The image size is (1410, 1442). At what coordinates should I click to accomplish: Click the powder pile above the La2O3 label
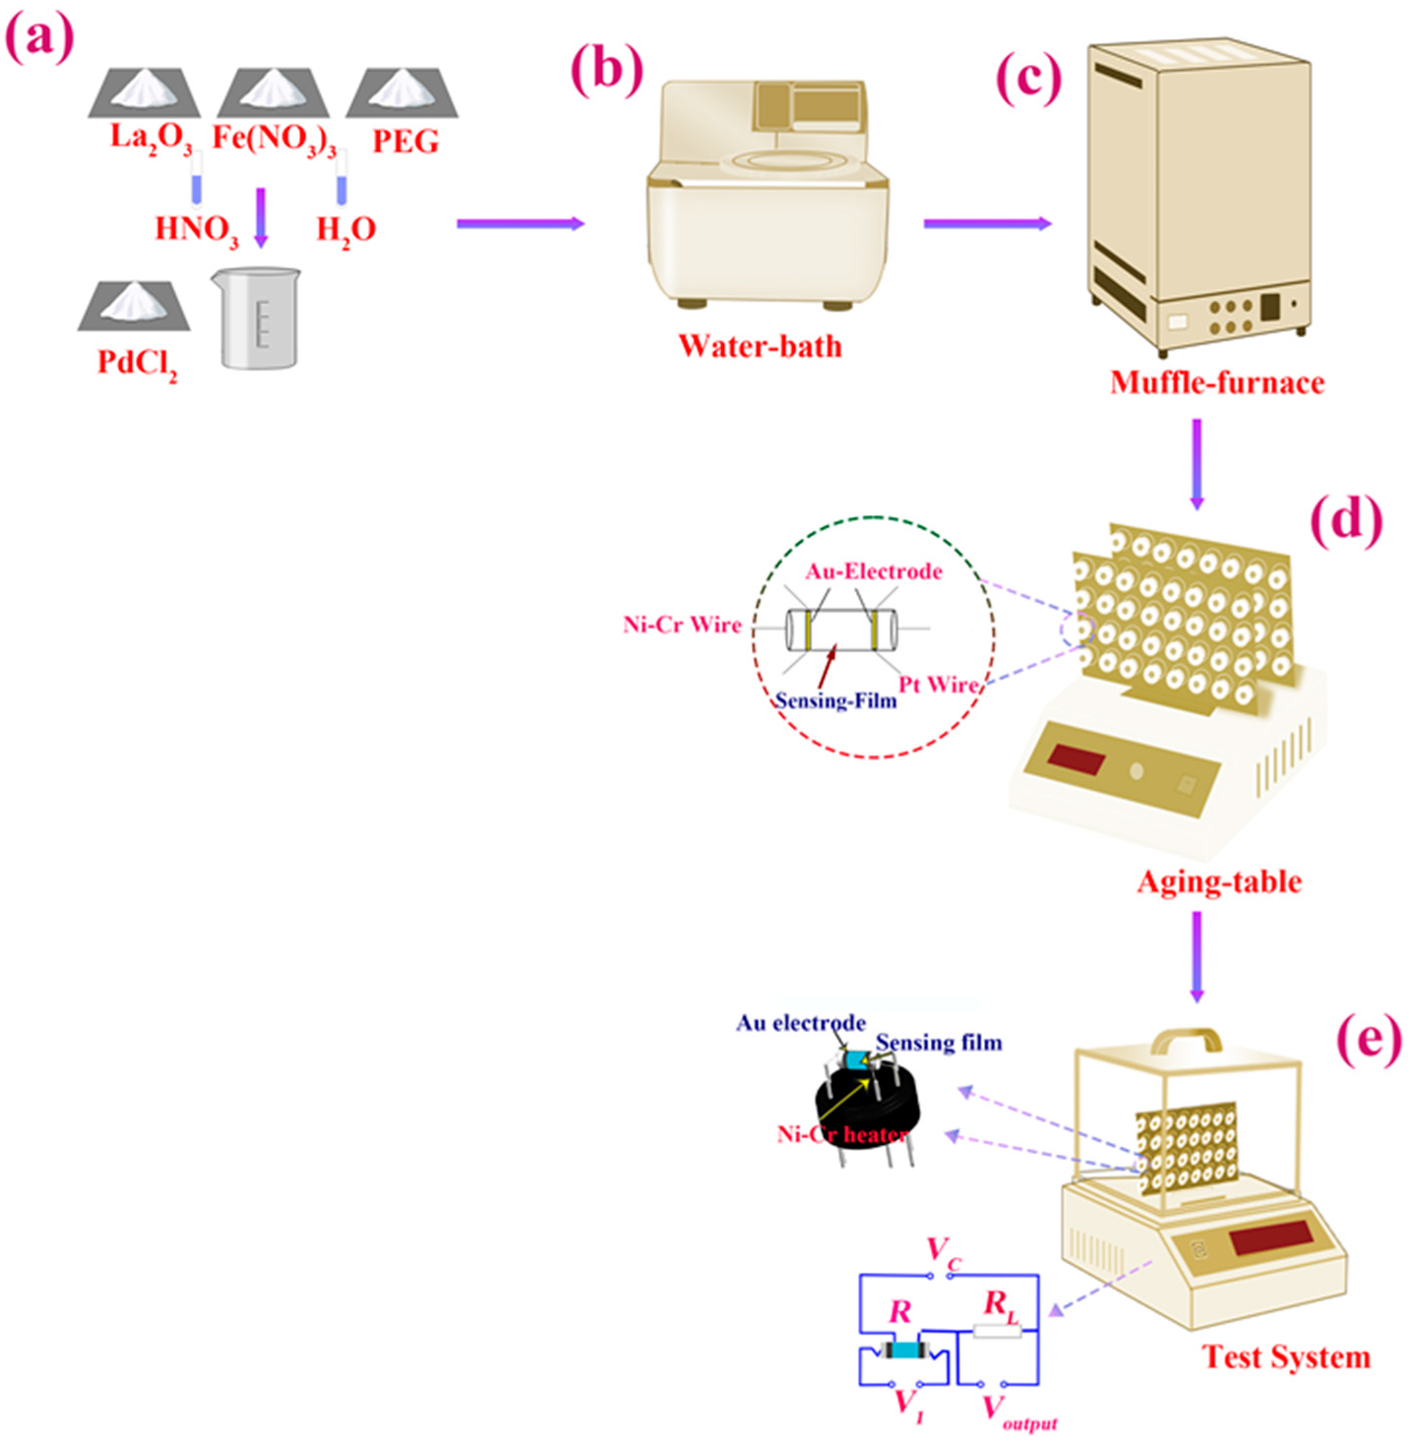point(145,90)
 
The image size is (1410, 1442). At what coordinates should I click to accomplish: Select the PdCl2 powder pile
point(134,305)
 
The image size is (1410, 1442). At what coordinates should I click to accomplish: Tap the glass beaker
point(256,319)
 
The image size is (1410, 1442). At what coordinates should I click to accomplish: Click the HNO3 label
point(196,229)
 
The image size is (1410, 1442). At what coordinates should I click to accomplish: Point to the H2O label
point(345,229)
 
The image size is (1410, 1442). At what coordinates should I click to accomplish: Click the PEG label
point(404,142)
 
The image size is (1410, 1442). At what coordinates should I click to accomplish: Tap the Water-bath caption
point(760,346)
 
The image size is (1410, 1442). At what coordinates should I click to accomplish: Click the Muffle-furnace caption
point(1216,382)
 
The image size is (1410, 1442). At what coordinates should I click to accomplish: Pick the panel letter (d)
point(1345,518)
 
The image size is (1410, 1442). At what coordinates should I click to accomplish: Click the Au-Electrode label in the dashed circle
point(874,571)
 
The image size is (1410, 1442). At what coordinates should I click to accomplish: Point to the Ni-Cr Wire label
point(682,625)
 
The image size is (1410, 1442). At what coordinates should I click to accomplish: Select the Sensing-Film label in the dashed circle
point(835,700)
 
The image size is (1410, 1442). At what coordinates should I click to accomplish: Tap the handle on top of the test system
point(1187,1040)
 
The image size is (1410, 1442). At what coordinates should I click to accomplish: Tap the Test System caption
point(1285,1356)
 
